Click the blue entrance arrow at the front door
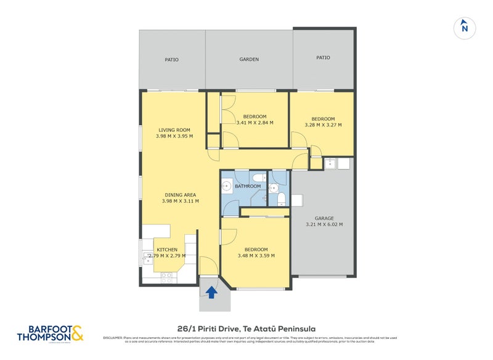[x=211, y=292]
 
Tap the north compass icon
[x=465, y=27]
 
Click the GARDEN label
[x=249, y=60]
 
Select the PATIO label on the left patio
[x=171, y=60]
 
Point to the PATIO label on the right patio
[x=323, y=57]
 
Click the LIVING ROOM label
[x=174, y=130]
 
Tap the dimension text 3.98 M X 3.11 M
[x=180, y=201]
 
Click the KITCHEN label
[x=167, y=250]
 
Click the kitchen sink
[x=148, y=261]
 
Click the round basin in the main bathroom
[x=227, y=186]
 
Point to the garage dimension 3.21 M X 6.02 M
[x=324, y=224]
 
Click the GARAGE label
[x=324, y=218]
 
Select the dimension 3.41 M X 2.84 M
[x=255, y=123]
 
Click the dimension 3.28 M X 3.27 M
[x=323, y=125]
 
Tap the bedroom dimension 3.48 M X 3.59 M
[x=256, y=255]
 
